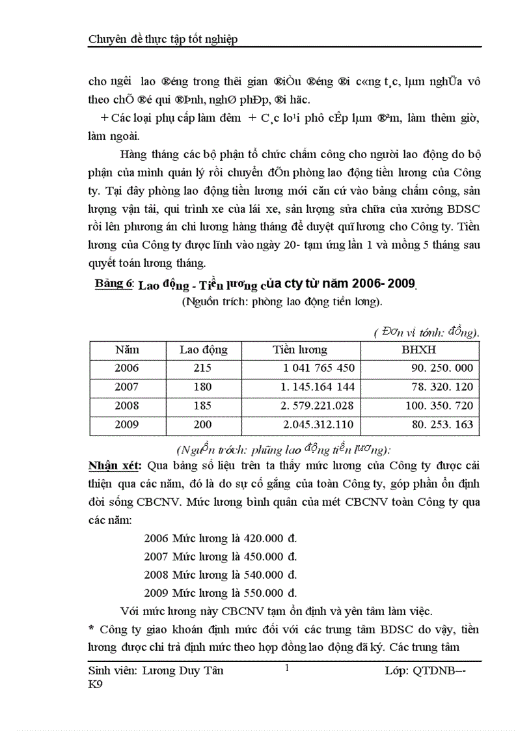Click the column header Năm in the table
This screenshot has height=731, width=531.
coord(127,350)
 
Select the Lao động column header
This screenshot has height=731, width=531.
coord(203,350)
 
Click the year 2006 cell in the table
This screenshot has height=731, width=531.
coord(127,368)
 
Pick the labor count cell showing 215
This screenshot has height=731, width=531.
coord(203,368)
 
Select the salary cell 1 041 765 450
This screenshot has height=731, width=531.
coord(319,368)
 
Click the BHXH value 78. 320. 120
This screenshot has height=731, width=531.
coord(442,387)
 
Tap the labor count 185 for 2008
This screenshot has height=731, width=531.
coord(203,406)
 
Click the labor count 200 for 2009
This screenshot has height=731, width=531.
coord(203,425)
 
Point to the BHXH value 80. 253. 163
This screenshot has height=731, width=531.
coord(442,425)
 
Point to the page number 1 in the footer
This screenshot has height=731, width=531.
coord(286,669)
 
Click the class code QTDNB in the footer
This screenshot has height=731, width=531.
coord(435,671)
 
